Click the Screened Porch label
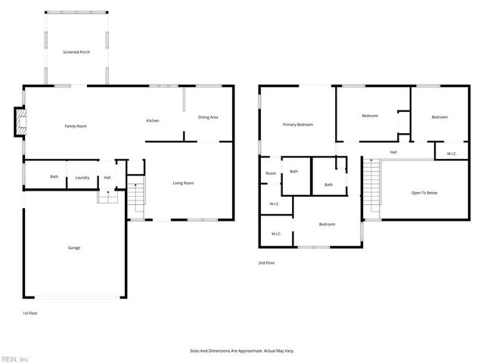coord(76,52)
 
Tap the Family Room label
coord(76,126)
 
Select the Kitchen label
coord(152,121)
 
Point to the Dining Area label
coord(209,117)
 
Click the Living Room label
coord(184,182)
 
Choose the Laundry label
coord(82,178)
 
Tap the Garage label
coord(74,247)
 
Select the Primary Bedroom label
coord(298,124)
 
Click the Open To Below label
coord(424,193)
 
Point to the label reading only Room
coord(271,173)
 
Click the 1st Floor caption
coord(30,312)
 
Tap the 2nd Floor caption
coord(266,263)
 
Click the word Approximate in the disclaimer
coord(245,351)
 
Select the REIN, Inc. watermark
coord(15,358)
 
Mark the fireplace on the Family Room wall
coord(18,123)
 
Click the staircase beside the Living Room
coord(135,196)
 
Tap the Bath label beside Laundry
coord(54,177)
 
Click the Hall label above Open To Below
coord(393,152)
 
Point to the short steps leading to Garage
coord(108,197)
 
